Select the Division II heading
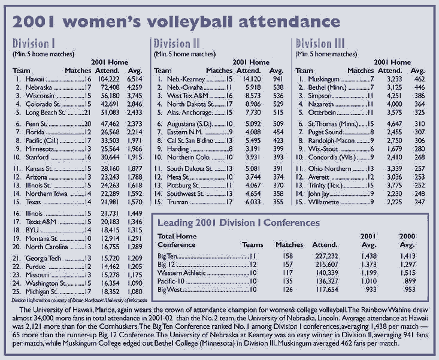180,44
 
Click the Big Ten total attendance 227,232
323,255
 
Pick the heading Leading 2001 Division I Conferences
238,222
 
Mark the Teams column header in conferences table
252,244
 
